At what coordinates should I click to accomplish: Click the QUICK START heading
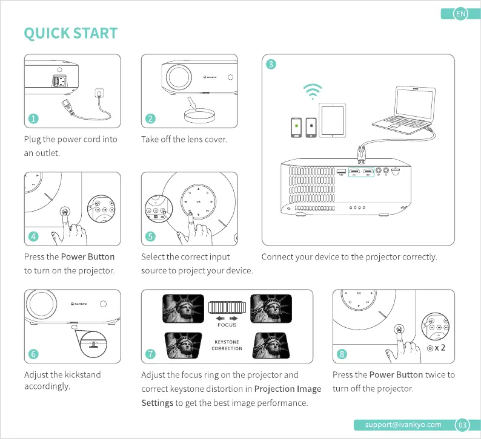point(70,33)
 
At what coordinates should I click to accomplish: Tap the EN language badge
point(460,14)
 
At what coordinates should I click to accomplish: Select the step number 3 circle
point(271,64)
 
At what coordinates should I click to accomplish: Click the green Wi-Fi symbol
point(313,91)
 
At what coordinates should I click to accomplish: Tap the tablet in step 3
point(332,120)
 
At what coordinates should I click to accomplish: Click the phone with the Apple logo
point(311,128)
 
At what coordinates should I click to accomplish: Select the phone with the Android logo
point(296,128)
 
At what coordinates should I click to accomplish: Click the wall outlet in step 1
point(99,93)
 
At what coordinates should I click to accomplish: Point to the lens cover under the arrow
point(199,115)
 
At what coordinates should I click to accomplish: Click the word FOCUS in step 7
point(227,325)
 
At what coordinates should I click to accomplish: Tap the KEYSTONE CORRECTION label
point(227,345)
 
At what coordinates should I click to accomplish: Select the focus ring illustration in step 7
point(227,307)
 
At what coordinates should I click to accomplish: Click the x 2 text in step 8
point(440,348)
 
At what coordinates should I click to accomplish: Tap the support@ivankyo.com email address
point(403,424)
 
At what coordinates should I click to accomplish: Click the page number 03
point(462,425)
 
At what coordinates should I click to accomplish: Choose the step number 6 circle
point(33,354)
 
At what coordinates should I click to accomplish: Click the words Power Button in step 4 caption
point(88,256)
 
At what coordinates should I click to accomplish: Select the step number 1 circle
point(33,119)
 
